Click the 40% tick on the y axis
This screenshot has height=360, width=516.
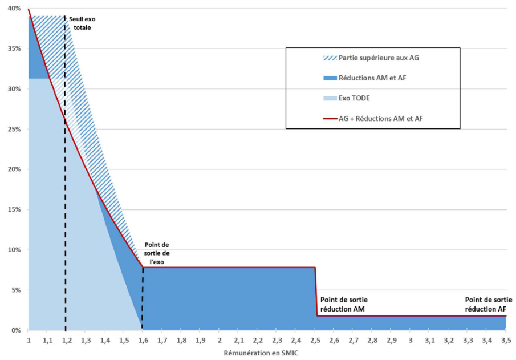tap(15, 9)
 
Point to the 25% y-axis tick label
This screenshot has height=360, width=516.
tap(15, 129)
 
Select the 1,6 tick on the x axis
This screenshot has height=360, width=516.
tap(143, 340)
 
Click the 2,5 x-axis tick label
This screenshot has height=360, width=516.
tap(315, 340)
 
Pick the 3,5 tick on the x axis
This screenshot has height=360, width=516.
tap(506, 340)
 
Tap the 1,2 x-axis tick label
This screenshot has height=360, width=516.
tap(66, 340)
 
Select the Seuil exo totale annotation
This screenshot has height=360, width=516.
tap(82, 23)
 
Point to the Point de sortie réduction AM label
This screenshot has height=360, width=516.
tap(344, 304)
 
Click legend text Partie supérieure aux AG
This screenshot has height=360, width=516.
tap(379, 58)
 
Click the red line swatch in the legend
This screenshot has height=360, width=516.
tap(329, 118)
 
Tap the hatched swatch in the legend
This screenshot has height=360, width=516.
tap(329, 58)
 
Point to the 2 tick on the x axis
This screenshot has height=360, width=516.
tap(220, 340)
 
